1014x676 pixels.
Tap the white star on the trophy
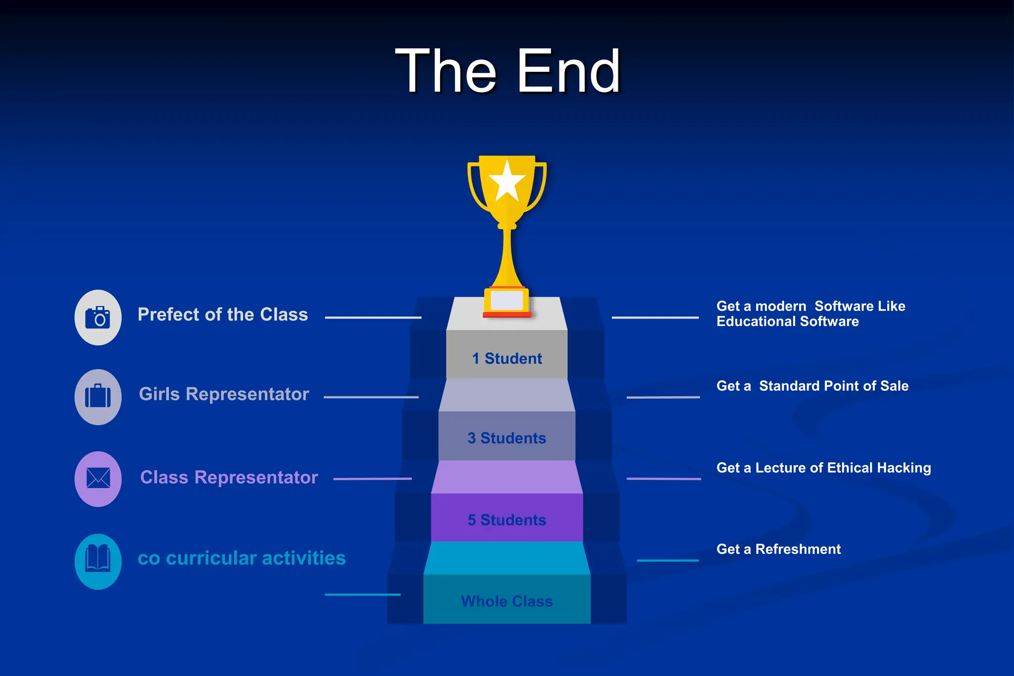[x=507, y=181]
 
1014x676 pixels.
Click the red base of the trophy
[x=507, y=314]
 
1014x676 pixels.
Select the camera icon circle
[x=98, y=317]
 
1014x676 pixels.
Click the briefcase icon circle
[x=98, y=397]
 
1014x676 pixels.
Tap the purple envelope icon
[x=98, y=478]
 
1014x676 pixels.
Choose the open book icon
[x=98, y=561]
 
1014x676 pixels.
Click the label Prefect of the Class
[x=222, y=314]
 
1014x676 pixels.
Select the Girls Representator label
[x=224, y=394]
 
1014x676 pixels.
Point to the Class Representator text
[x=229, y=477]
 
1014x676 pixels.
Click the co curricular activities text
[x=242, y=558]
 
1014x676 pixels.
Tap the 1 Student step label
[x=507, y=359]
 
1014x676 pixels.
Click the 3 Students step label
[x=507, y=438]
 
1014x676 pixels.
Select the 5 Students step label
[x=507, y=520]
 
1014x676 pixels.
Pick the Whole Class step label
[x=507, y=601]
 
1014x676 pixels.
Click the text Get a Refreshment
[x=778, y=549]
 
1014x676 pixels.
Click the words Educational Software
[x=787, y=322]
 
